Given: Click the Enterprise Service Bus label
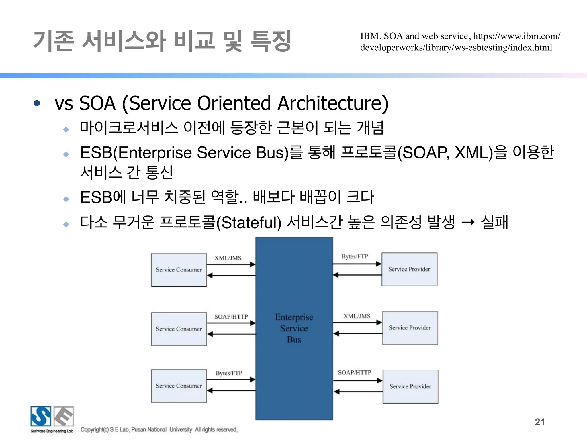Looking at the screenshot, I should pyautogui.click(x=294, y=328).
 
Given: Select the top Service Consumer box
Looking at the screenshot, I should pyautogui.click(x=179, y=270).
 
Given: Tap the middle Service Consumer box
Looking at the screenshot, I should pyautogui.click(x=179, y=329).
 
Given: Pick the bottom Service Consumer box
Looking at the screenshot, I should pyautogui.click(x=179, y=386).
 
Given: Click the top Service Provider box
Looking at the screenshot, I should pyautogui.click(x=409, y=269).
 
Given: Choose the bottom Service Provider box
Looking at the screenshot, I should pyautogui.click(x=410, y=386).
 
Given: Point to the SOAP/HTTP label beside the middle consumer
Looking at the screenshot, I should pyautogui.click(x=231, y=317).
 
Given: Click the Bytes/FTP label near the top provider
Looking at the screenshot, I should pyautogui.click(x=355, y=256).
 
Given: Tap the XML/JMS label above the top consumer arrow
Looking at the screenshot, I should pyautogui.click(x=228, y=258).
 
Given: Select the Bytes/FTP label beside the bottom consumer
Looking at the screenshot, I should pyautogui.click(x=229, y=373).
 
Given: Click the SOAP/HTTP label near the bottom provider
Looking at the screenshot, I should pyautogui.click(x=355, y=372).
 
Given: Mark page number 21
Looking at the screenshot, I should pyautogui.click(x=540, y=422).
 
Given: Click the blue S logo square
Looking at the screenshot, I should pyautogui.click(x=41, y=416).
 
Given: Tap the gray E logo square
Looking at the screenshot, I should pyautogui.click(x=64, y=416).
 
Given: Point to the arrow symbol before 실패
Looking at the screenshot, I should pyautogui.click(x=468, y=222).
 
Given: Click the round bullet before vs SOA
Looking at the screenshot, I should pyautogui.click(x=37, y=103).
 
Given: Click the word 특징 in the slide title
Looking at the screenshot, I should pyautogui.click(x=271, y=41).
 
